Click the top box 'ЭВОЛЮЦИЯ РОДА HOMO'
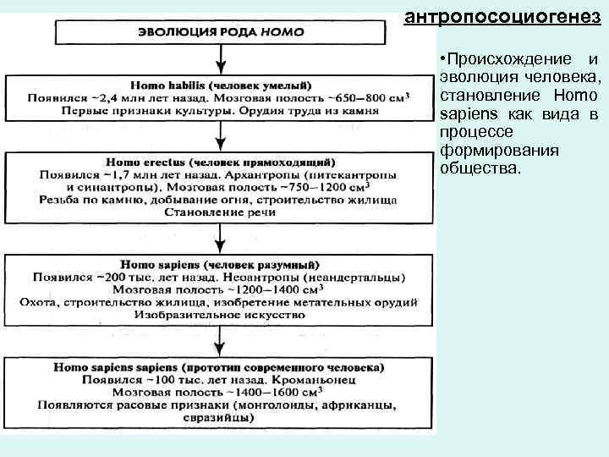tap(221, 32)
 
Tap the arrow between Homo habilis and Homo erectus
tap(221, 134)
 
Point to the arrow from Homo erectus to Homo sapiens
tap(221, 237)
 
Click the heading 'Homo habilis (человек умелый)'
tap(221, 85)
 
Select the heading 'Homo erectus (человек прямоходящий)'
tap(221, 161)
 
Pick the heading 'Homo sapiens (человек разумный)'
tap(221, 264)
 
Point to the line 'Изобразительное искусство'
tap(221, 314)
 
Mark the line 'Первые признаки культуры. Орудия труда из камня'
tap(221, 111)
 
